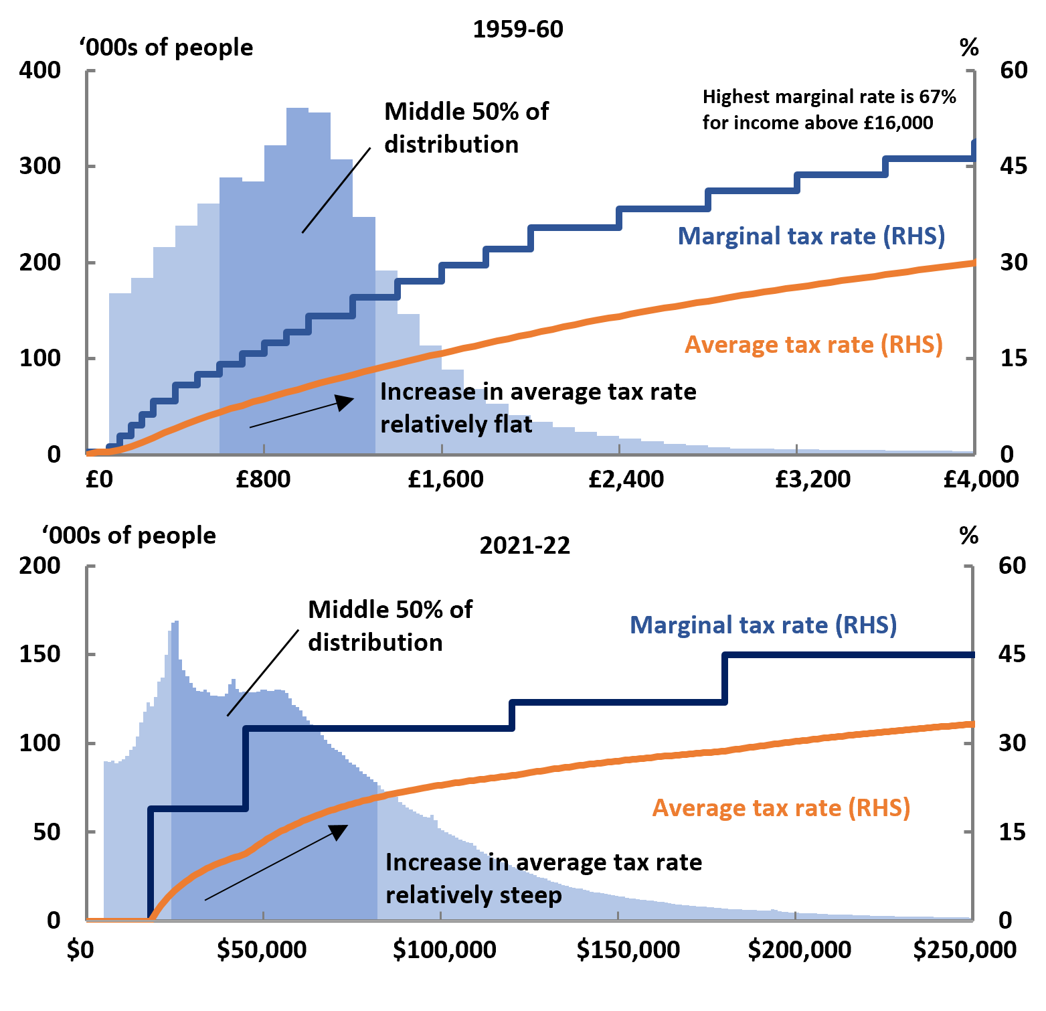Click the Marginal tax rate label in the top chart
click(x=811, y=236)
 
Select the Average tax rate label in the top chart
click(x=813, y=345)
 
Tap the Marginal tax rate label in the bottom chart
click(x=763, y=625)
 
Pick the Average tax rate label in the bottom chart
click(x=781, y=808)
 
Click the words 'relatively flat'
click(x=456, y=424)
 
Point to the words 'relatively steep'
click(x=473, y=895)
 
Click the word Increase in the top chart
click(x=427, y=392)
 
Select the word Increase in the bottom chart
click(x=432, y=862)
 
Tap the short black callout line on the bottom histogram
click(x=237, y=704)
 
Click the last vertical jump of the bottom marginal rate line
click(x=725, y=678)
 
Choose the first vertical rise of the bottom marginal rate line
click(x=150, y=864)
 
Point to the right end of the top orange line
click(x=972, y=262)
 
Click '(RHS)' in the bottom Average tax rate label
click(x=879, y=808)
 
